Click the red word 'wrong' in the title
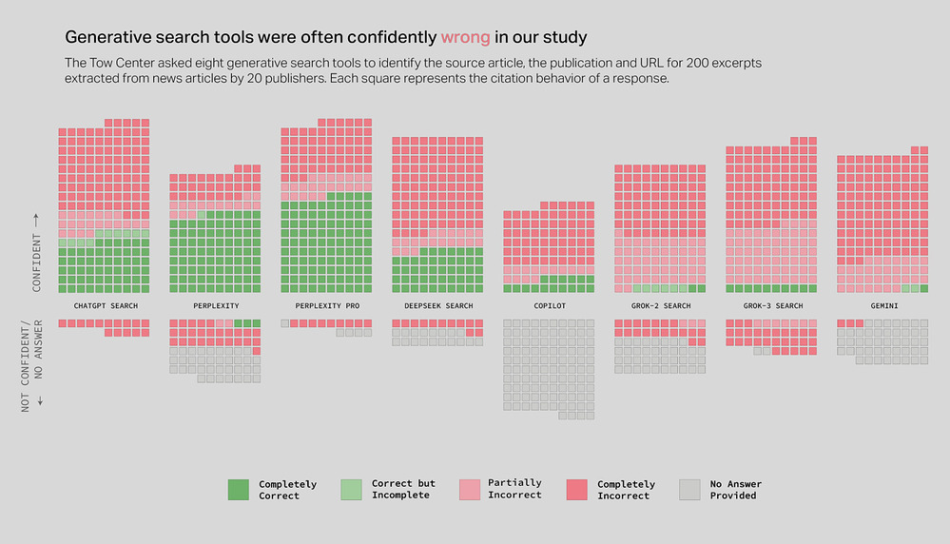[465, 37]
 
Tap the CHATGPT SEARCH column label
[106, 306]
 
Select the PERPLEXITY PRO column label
[327, 306]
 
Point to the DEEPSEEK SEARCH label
[438, 306]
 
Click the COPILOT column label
[550, 306]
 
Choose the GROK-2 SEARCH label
[661, 306]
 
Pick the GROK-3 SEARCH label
[773, 306]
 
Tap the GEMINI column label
[884, 306]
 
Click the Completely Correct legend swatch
[238, 490]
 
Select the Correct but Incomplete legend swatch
[352, 490]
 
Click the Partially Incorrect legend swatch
[470, 490]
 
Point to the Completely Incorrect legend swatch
[577, 490]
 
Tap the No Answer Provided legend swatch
[689, 490]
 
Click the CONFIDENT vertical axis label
[37, 262]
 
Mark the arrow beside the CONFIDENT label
[36, 220]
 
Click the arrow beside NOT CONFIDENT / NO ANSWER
[40, 401]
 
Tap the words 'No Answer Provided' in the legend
[735, 490]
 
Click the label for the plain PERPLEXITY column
[216, 306]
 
